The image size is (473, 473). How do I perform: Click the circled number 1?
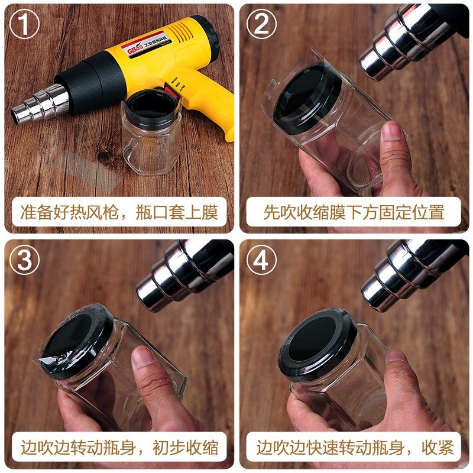coord(24,25)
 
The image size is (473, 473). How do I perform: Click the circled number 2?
coord(261,25)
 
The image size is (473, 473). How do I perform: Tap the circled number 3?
coord(24,261)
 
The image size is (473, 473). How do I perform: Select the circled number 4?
coord(261,261)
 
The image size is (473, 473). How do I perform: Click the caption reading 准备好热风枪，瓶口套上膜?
coord(118,212)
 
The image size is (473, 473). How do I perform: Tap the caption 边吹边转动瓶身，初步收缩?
coord(118,448)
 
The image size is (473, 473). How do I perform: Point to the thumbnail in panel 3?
coord(141,358)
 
